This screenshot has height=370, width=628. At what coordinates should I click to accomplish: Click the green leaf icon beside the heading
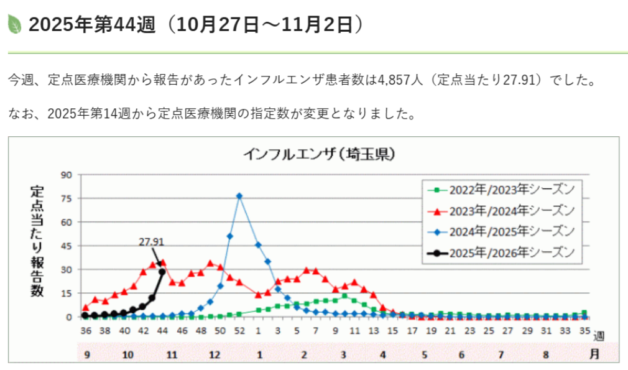coord(14,24)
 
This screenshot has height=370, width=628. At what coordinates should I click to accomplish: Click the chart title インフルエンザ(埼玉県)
coord(317,153)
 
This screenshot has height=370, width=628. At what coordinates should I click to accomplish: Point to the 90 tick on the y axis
coord(67,175)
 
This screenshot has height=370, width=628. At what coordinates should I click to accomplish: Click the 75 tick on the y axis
coord(67,198)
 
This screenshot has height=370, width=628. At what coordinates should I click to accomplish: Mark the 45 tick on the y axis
coord(67,246)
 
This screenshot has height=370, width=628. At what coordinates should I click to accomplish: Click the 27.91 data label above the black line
coord(151,242)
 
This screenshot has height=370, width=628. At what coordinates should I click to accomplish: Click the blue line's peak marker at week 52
coord(239,196)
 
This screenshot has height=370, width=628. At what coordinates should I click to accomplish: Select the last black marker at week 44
coord(162,272)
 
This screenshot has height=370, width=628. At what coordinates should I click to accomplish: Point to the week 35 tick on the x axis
coord(584,331)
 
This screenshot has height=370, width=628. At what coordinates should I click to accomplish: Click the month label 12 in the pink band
coord(215,354)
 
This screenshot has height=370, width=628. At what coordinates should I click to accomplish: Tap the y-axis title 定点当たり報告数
coord(37,241)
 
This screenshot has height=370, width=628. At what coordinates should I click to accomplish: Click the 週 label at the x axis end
coord(599,336)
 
